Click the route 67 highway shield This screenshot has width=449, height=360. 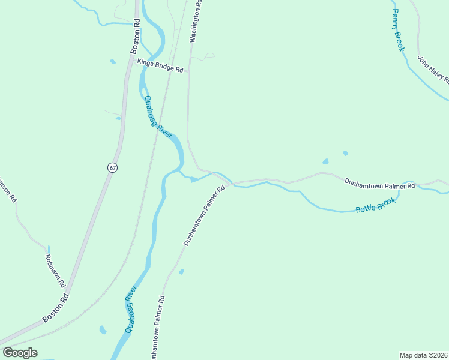pos(112,167)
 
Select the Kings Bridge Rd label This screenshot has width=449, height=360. pos(160,65)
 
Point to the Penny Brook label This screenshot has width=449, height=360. pos(397,29)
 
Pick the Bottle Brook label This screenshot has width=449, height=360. pos(376,206)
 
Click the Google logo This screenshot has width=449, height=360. pos(20,353)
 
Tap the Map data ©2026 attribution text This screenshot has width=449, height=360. pos(423,355)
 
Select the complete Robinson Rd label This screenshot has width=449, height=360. pos(55,270)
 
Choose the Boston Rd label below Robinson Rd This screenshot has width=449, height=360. pos(55,307)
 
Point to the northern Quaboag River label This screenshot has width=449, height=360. pos(158,117)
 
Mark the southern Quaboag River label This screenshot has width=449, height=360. pos(131,309)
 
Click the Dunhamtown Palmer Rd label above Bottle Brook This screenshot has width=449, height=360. pos(379,185)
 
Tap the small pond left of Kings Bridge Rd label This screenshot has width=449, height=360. pos(113,61)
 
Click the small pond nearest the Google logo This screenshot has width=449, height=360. pos(103,330)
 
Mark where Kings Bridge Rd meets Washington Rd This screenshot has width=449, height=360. pos(189,71)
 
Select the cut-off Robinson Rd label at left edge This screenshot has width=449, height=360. pos(7,191)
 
